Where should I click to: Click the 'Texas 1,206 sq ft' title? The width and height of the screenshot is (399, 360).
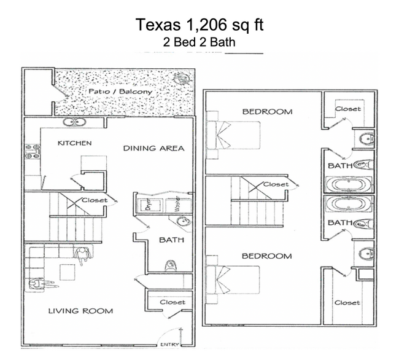tap(200, 25)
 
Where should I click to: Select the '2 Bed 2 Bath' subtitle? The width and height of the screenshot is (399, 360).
tap(200, 43)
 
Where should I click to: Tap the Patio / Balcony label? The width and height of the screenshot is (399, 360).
tap(120, 92)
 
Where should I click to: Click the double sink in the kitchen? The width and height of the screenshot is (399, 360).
tap(76, 123)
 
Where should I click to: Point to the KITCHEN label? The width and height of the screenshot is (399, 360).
tap(74, 143)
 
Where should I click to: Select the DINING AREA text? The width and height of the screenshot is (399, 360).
tap(153, 148)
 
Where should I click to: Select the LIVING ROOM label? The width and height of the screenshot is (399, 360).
tap(80, 311)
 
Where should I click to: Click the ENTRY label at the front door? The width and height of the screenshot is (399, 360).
tap(169, 345)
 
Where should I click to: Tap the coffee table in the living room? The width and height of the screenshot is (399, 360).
tap(68, 271)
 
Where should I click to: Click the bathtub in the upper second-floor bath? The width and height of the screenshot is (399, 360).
tap(348, 184)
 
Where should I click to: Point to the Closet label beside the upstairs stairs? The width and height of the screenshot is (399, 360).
tap(275, 184)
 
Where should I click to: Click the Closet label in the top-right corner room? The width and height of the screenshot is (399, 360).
tap(347, 109)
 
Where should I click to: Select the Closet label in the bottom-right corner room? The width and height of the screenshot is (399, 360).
tap(347, 302)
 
